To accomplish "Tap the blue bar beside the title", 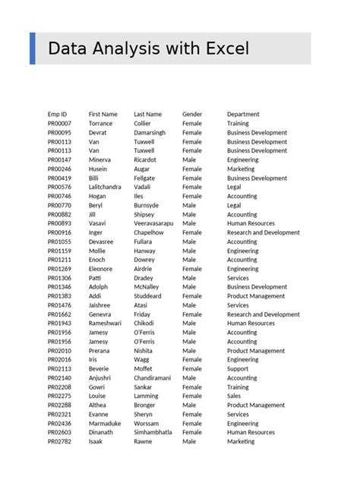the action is click(x=32, y=49).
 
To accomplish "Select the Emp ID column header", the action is click(x=58, y=114).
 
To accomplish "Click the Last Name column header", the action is click(x=147, y=114).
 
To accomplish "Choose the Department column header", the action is click(x=243, y=114).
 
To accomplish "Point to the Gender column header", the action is click(x=192, y=114).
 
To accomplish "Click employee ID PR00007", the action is click(x=59, y=123).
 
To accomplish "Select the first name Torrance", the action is click(x=100, y=123).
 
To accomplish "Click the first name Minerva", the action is click(x=99, y=159).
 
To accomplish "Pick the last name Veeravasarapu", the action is click(x=153, y=223).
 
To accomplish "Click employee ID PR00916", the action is click(x=59, y=232).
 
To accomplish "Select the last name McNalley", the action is click(x=147, y=287).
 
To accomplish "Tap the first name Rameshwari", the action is click(x=105, y=324).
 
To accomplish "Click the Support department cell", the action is click(x=238, y=368).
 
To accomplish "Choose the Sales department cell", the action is click(x=234, y=396).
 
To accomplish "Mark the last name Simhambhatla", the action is click(x=153, y=432).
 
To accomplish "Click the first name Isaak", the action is click(x=95, y=441).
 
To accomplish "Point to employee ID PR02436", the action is click(x=59, y=423).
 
